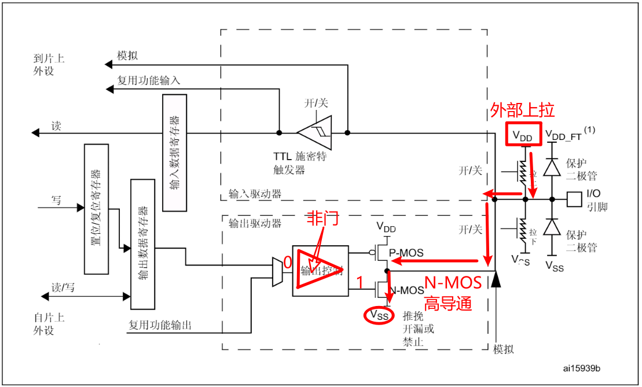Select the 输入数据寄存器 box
175,153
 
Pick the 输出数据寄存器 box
143,244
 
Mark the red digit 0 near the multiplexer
287,263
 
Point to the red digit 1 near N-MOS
359,283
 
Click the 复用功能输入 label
148,80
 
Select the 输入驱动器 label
255,194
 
